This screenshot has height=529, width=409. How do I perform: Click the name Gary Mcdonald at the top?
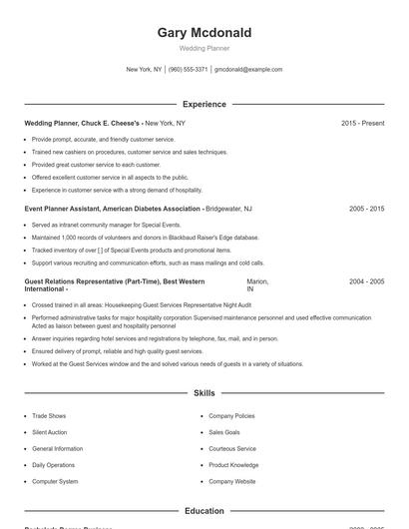pos(204,33)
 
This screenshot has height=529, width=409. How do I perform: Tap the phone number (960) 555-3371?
pos(189,70)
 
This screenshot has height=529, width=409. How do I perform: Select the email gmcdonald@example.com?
pos(248,70)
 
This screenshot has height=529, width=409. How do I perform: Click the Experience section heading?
pos(204,104)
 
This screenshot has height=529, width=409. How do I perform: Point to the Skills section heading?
pos(204,393)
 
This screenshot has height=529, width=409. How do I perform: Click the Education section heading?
pos(204,511)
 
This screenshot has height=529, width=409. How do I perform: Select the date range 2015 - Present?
pos(362,123)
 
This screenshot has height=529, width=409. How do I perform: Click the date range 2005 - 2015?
pos(366,209)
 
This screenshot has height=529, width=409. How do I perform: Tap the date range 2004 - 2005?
pos(366,282)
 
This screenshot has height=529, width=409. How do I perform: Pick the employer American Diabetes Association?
pos(147,209)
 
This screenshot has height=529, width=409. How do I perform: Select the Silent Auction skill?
pos(51,432)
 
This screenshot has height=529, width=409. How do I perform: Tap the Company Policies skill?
pos(231,415)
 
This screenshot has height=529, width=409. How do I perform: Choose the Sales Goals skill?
pos(224,432)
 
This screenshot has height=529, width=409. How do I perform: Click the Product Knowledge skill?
pos(233,465)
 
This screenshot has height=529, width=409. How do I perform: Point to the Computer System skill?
pos(55,482)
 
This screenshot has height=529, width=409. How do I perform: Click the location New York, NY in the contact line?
pos(144,70)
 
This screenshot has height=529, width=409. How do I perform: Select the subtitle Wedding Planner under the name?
pos(204,48)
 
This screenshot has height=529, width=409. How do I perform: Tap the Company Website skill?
pos(231,482)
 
